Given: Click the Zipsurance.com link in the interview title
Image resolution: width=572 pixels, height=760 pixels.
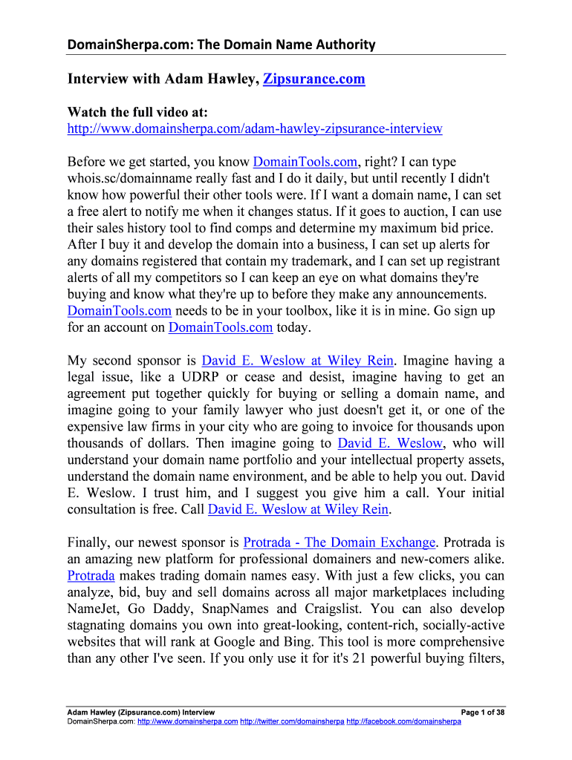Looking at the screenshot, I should click(x=314, y=79).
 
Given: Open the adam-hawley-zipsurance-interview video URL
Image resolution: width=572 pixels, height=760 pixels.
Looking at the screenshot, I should click(x=255, y=128).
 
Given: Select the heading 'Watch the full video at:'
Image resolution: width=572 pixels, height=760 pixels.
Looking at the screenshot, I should click(x=138, y=112).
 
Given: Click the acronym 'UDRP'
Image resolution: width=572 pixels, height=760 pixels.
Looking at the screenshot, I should click(x=228, y=377).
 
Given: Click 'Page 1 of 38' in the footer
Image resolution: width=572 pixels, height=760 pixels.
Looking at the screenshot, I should click(x=483, y=712).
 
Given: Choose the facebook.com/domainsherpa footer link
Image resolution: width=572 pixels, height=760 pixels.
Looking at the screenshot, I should click(x=404, y=721).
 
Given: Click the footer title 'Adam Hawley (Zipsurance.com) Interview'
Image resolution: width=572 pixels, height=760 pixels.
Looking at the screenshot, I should click(x=136, y=712).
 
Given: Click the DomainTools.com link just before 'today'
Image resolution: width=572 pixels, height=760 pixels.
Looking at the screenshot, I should click(x=221, y=327).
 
